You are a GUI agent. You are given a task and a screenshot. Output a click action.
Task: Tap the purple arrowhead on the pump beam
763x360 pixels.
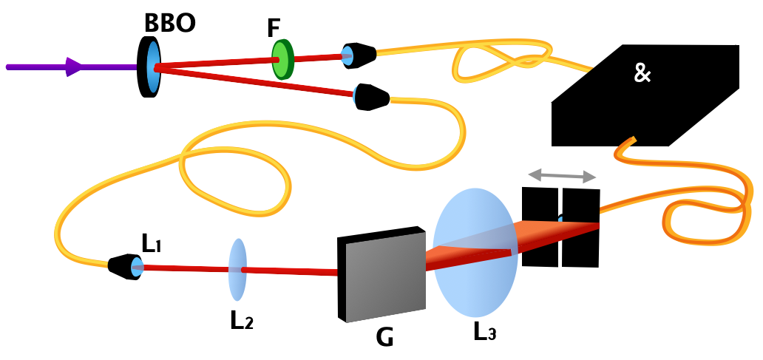click(73, 67)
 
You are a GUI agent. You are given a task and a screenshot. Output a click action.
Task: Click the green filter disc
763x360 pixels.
click(282, 60)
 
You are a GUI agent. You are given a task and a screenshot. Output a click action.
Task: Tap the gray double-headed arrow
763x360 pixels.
click(562, 177)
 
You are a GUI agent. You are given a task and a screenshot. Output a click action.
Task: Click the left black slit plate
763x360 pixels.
click(540, 227)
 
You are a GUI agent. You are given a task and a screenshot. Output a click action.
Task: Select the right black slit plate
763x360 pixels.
click(580, 227)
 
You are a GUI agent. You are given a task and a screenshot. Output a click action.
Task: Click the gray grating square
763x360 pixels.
click(381, 274)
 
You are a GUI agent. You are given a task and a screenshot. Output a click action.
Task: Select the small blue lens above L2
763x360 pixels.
click(237, 269)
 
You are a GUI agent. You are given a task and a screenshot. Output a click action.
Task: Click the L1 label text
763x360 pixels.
click(154, 242)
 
